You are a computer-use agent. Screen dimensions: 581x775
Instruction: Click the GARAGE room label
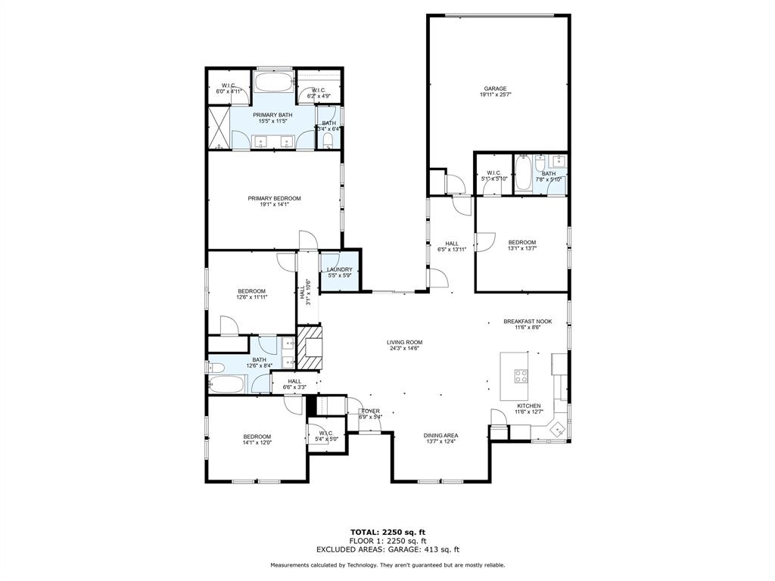496,89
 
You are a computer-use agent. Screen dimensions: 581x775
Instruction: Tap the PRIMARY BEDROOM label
274,199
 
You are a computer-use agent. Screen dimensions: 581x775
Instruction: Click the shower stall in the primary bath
219,129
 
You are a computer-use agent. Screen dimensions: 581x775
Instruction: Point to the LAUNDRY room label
340,270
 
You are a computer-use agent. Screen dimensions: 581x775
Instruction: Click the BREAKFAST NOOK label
528,322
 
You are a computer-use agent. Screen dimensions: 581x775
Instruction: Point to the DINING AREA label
440,436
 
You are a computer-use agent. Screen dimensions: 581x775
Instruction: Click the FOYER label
370,412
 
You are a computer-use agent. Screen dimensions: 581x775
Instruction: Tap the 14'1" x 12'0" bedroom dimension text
257,443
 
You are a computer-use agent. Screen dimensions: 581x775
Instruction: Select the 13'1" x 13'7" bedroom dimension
521,248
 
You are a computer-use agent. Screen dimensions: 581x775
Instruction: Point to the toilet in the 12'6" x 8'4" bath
215,367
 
